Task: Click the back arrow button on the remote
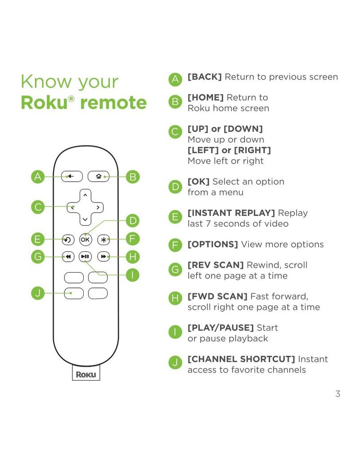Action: coord(69,176)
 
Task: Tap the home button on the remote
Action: coord(98,176)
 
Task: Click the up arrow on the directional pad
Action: coord(85,195)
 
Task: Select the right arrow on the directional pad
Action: coord(98,207)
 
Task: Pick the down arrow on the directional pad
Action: coord(85,220)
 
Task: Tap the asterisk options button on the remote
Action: coord(103,239)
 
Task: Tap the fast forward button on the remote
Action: coord(103,257)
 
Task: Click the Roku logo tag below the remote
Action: coord(85,374)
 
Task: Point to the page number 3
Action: coord(337,394)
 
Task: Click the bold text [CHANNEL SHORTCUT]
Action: coord(241,359)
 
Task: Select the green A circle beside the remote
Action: coord(38,177)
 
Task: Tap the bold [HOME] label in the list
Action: coord(205,97)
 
